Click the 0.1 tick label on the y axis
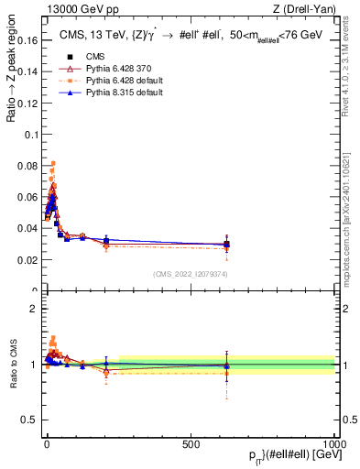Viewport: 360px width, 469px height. pos(30,135)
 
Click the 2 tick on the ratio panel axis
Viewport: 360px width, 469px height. pos(35,309)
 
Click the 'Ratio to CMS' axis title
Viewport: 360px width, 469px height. pos(12,364)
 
